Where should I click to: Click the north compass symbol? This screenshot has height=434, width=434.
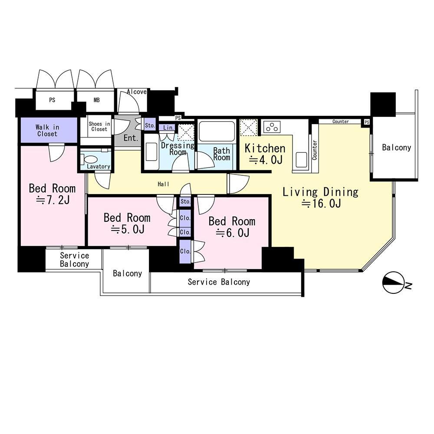coord(393,283)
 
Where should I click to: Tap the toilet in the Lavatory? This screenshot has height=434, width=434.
coord(89,159)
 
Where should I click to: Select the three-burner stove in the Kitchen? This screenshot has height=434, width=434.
coord(272,127)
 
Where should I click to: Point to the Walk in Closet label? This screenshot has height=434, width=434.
coord(47,131)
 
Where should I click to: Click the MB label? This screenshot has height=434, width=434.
coord(96,100)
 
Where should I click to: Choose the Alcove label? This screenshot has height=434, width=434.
coord(137,92)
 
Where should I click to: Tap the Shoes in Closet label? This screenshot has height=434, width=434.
coord(99,126)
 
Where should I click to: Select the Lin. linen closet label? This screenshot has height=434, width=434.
coord(168,128)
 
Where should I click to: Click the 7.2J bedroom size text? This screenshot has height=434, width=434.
coord(53,200)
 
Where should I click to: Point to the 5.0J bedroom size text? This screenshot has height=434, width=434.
coord(128,229)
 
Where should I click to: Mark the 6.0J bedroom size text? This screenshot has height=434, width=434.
coord(233,233)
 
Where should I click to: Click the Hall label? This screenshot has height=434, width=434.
coord(163,184)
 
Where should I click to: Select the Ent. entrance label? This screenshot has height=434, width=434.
coord(131,138)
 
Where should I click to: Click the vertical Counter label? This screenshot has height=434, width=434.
coord(315,150)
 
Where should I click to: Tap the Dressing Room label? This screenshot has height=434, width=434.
coord(178,148)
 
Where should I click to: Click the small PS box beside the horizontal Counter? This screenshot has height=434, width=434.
coord(366,122)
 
